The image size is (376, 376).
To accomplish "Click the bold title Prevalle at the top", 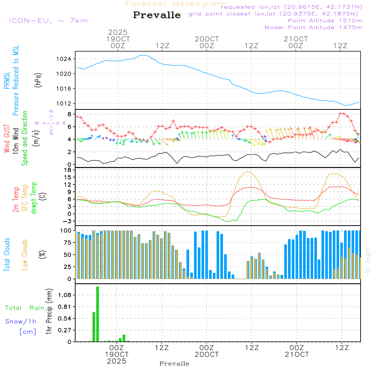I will pos(157,15).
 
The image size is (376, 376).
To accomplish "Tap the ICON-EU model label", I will pos(48,20).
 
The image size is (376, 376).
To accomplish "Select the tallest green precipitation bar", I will pos(97,314).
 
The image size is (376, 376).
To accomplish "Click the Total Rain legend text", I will pos(24,308).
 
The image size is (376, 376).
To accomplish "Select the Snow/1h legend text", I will pos(21,321).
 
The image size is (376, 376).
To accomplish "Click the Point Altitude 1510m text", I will pos(325,21).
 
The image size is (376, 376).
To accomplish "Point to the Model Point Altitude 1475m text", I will pos(313,27).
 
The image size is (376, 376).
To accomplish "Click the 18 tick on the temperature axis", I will pos(68,170).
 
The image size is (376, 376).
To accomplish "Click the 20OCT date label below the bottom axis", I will pos(206,355).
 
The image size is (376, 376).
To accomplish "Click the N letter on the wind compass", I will pos(51,111).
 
